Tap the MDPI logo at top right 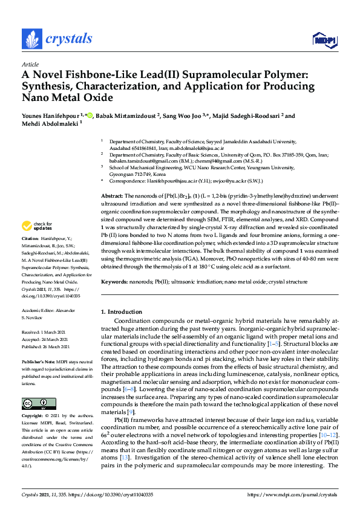(324, 40)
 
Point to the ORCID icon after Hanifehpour (90, 115)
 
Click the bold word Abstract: (111, 196)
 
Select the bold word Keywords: (114, 282)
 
